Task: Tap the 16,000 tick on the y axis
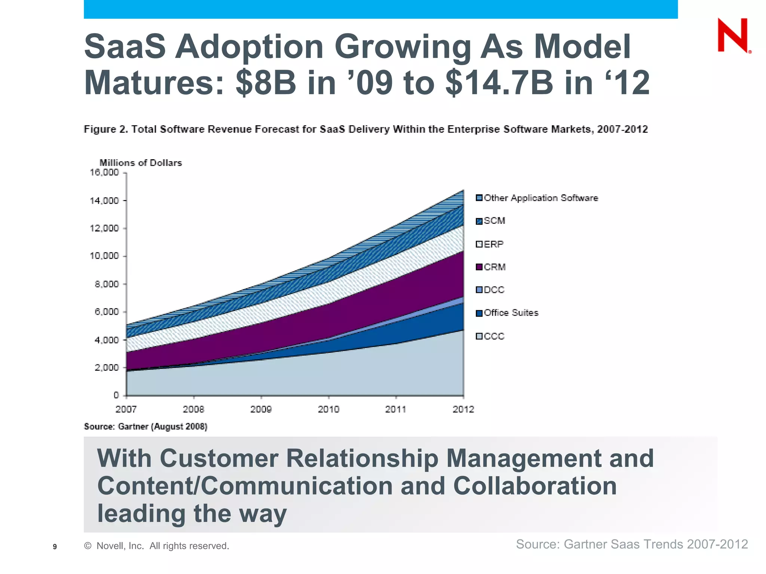coord(104,173)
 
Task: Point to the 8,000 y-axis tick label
coord(107,284)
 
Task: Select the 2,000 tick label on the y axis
coord(107,368)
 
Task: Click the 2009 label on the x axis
coord(261,409)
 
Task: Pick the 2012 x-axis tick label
coord(463,409)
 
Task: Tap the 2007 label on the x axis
coord(126,409)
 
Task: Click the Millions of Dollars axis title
coord(140,163)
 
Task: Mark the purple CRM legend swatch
coord(479,267)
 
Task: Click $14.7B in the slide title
coord(499,83)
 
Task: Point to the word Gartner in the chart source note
coord(133,426)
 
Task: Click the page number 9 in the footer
coord(55,547)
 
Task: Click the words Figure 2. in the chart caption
coord(106,129)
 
